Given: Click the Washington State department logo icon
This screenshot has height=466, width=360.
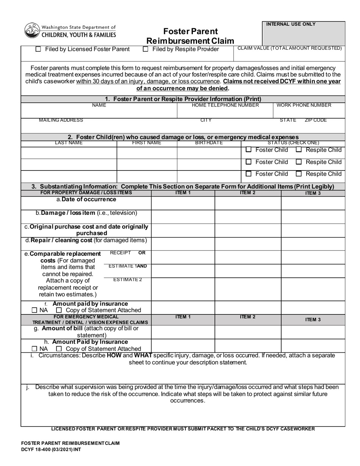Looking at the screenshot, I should tap(32, 31).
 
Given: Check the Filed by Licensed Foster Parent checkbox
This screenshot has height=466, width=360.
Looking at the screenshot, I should tap(38, 49).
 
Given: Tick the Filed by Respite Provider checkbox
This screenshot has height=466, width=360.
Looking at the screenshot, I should tap(146, 49).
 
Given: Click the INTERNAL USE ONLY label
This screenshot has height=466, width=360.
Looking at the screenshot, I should tap(291, 24).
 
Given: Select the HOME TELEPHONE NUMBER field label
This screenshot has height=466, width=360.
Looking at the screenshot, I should tap(225, 105).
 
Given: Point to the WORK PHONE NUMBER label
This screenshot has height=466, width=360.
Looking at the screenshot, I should tap(304, 105).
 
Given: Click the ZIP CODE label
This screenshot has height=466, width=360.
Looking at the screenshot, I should tap(315, 120).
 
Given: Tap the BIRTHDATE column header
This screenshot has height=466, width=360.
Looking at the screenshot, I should tap(209, 143).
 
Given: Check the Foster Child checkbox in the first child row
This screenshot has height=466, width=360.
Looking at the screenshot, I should tap(249, 150).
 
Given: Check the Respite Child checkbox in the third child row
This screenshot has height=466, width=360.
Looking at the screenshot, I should tap(299, 174).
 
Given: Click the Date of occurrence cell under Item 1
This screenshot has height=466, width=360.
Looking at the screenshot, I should tap(183, 203).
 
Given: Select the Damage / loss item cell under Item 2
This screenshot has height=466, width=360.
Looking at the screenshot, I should tap(248, 216).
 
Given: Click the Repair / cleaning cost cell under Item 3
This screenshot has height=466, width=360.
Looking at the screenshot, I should tap(313, 243).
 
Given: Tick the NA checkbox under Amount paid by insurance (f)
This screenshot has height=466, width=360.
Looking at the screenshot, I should tap(34, 310).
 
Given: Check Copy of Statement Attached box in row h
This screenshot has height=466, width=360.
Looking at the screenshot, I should tap(59, 349).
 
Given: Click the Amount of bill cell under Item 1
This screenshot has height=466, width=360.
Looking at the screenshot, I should tap(183, 332).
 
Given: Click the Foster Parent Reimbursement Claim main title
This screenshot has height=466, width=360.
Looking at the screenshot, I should tap(190, 36).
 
